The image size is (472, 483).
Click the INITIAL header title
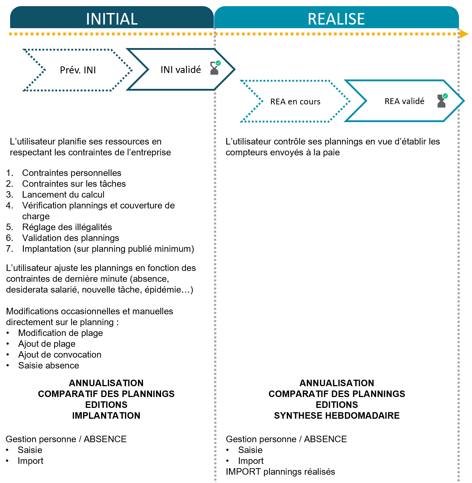pyautogui.click(x=112, y=19)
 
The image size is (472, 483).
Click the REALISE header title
pyautogui.click(x=336, y=19)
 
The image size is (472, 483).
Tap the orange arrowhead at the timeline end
pyautogui.click(x=464, y=34)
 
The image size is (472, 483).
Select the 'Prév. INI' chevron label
pyautogui.click(x=78, y=70)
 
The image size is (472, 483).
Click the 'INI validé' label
pyautogui.click(x=181, y=70)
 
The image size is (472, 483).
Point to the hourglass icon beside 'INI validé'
pyautogui.click(x=215, y=68)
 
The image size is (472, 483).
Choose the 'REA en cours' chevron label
pyautogui.click(x=295, y=102)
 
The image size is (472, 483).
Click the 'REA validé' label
pyautogui.click(x=404, y=101)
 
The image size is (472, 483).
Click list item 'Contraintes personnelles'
pyautogui.click(x=72, y=173)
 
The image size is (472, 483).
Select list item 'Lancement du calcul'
pyautogui.click(x=63, y=195)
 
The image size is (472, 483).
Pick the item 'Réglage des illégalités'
pyautogui.click(x=67, y=227)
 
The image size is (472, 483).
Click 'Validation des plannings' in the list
pyautogui.click(x=70, y=238)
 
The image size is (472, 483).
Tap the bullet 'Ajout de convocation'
pyautogui.click(x=60, y=355)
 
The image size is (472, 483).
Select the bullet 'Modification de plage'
pyautogui.click(x=60, y=333)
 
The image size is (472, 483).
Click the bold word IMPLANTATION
pyautogui.click(x=106, y=415)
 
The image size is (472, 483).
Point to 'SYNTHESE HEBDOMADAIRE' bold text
pyautogui.click(x=337, y=415)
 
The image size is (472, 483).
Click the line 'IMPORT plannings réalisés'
pyautogui.click(x=280, y=471)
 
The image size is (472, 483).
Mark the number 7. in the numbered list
pyautogui.click(x=10, y=249)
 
